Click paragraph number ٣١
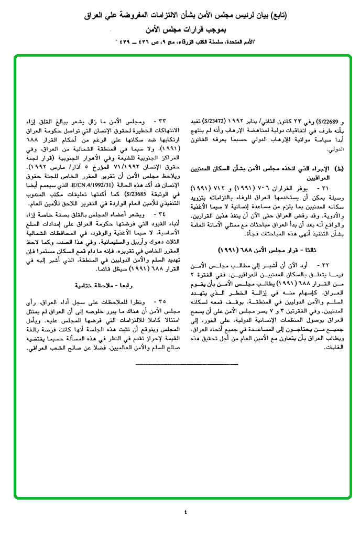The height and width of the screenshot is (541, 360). [x=330, y=188]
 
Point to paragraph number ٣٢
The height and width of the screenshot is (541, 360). [x=330, y=253]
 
